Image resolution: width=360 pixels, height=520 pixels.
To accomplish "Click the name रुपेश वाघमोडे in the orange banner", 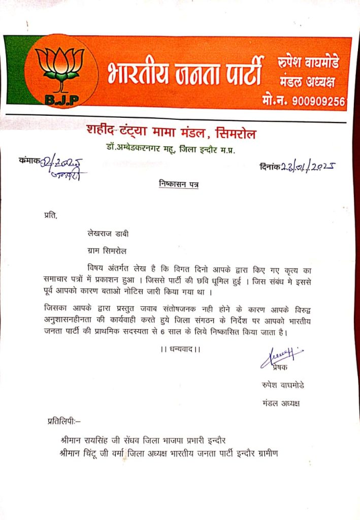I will [x=309, y=63].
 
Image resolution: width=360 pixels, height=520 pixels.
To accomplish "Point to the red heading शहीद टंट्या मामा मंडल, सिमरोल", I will [x=171, y=134].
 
